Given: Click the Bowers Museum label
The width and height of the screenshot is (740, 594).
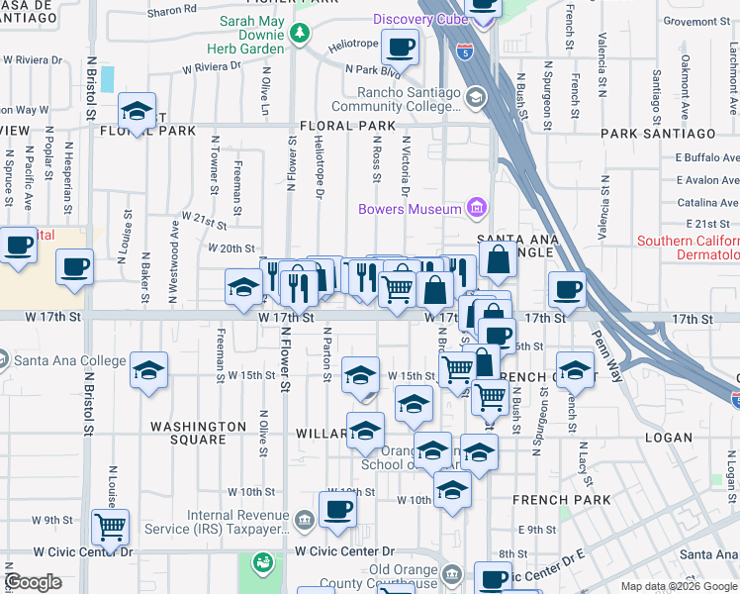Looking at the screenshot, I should point(410,209).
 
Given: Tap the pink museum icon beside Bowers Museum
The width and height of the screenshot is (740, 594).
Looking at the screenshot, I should point(477,209).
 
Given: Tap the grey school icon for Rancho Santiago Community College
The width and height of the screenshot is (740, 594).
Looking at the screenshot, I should point(476,98).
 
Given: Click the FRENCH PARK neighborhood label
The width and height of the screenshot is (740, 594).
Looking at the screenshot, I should point(549,500).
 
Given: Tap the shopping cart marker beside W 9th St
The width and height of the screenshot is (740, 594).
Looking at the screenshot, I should point(111,526).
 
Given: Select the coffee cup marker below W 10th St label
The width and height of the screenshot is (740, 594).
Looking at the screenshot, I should point(338,509).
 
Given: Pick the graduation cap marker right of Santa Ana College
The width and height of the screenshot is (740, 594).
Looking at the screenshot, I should point(148,371).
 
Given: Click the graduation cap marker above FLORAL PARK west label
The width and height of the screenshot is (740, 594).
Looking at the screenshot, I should point(137,109).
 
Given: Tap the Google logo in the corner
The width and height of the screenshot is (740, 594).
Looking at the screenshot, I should point(33,582).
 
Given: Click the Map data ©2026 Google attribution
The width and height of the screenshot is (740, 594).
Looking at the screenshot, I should point(678,586).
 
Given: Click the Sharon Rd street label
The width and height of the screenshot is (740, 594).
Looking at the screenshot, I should point(172,10).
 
